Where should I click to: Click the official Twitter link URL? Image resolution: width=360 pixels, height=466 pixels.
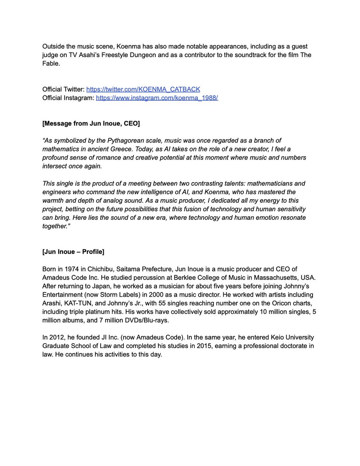pos(143,89)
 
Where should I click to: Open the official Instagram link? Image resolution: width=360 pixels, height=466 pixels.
pos(157,98)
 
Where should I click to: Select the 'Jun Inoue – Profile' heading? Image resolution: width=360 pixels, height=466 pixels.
pos(73,252)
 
